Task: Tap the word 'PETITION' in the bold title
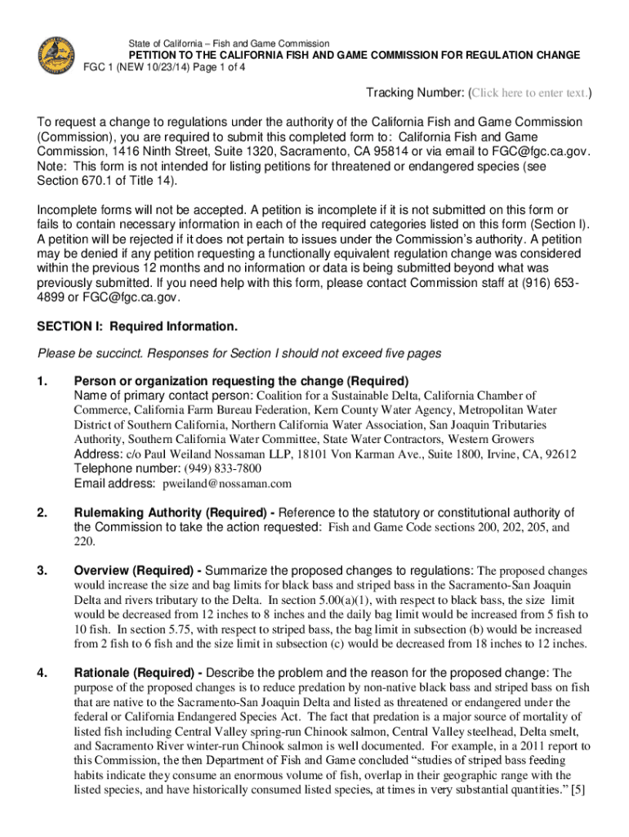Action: coord(159,56)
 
